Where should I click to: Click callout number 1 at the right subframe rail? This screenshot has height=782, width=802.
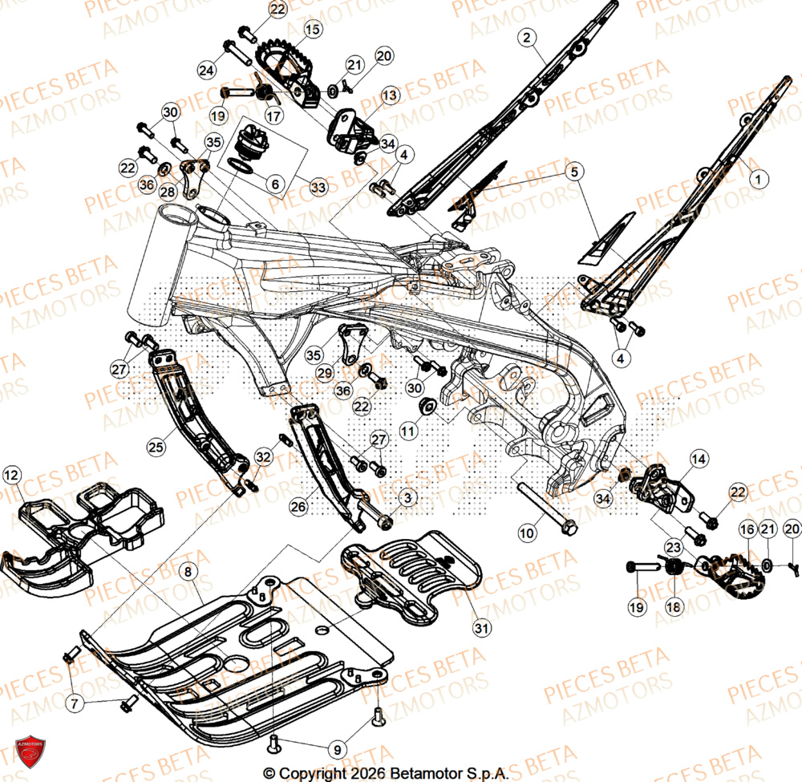tap(755, 180)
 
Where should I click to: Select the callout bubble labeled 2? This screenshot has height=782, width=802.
tap(526, 37)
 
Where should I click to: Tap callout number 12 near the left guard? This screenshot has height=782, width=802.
tap(11, 476)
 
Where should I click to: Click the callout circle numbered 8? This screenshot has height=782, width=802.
tap(187, 572)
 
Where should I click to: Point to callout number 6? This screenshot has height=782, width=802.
tap(275, 184)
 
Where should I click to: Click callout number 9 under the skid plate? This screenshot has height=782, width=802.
tap(337, 750)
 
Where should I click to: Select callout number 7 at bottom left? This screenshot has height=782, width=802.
tap(75, 704)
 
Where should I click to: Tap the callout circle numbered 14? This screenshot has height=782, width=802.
tap(699, 459)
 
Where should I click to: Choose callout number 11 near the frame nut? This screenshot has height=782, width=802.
tap(409, 431)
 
